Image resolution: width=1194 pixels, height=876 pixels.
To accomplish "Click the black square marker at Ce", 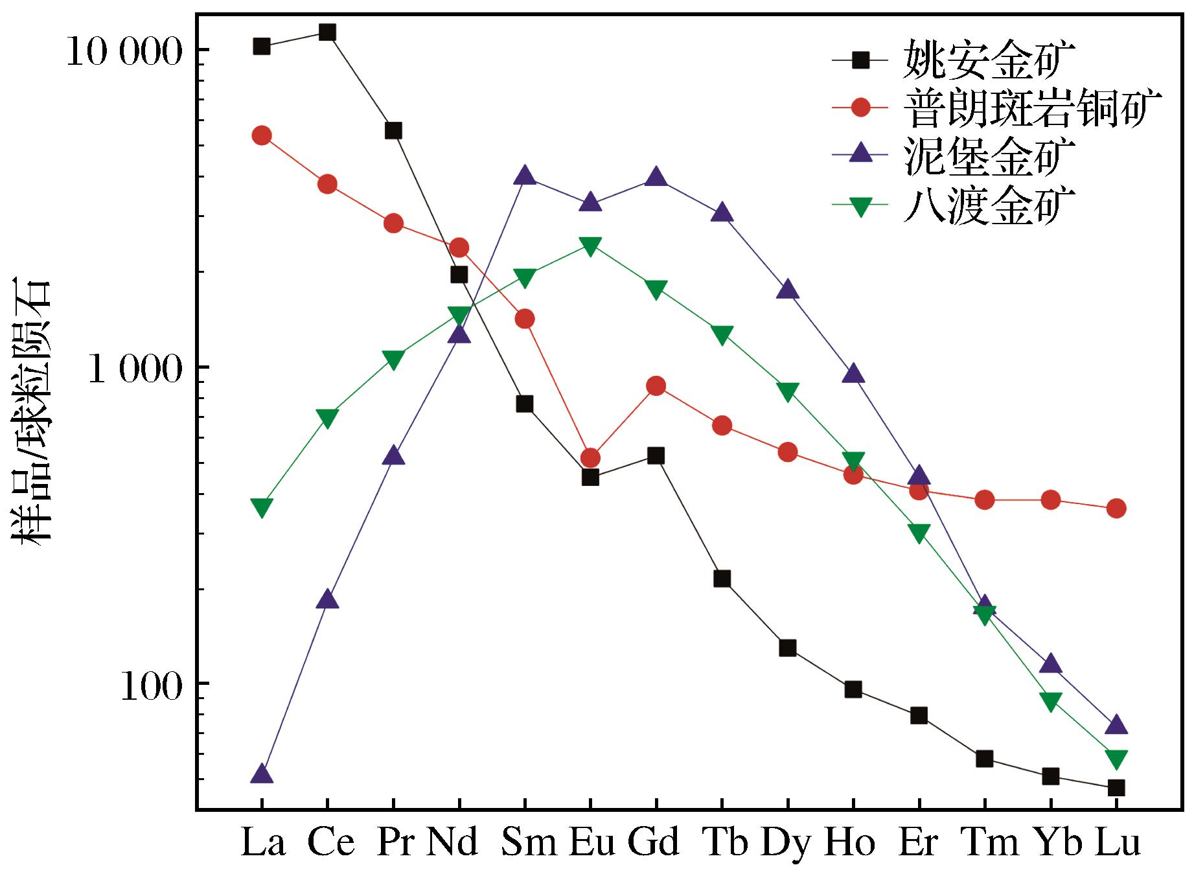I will coord(327,32).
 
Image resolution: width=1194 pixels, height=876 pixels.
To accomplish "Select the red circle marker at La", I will coord(262,135).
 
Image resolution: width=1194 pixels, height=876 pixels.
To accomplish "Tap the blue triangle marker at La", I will coord(262,774).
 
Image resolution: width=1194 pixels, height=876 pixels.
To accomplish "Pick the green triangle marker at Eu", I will coord(590,246).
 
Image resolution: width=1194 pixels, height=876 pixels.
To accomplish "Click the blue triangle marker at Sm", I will coord(525,175).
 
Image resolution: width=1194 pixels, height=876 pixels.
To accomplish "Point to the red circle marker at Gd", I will coord(656,387).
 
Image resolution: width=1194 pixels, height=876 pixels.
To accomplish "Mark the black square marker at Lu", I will coord(1116,788).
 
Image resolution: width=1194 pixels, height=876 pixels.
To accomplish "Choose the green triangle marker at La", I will coord(262,507).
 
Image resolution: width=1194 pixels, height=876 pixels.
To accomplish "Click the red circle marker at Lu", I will coord(1116,509).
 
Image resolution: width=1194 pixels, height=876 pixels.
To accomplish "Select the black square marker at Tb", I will coord(722,579).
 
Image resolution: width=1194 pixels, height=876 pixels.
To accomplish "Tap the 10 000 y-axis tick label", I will coord(124,51).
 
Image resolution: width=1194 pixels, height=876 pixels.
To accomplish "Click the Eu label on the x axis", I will coord(592,843).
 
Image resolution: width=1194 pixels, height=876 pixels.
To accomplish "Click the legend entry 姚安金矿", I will coord(988,60).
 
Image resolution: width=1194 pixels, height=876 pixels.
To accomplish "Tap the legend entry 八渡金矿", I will coord(988,206).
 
